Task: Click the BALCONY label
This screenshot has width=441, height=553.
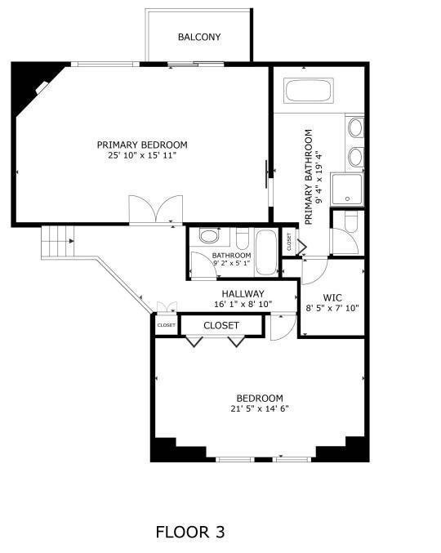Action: (x=199, y=37)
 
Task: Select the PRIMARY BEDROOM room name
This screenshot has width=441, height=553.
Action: (x=142, y=145)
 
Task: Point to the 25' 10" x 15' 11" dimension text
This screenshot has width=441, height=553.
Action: (x=142, y=155)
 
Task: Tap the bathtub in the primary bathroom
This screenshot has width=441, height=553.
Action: (x=309, y=91)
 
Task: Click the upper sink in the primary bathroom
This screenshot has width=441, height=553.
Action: (x=355, y=128)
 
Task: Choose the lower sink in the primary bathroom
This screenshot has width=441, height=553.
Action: (x=355, y=156)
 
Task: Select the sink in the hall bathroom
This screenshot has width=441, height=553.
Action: (x=209, y=237)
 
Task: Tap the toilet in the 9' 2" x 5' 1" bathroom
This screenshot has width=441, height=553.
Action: (x=242, y=239)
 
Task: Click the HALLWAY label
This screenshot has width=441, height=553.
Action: (x=243, y=294)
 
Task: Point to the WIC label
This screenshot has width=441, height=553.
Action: (x=332, y=297)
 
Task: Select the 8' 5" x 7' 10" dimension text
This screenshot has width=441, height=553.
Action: (x=332, y=309)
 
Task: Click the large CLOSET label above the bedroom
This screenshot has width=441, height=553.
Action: (x=221, y=325)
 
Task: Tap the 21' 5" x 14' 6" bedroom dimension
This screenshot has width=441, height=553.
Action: (x=260, y=408)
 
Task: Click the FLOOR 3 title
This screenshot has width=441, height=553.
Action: (x=189, y=533)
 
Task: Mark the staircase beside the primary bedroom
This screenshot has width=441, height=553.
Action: (x=57, y=241)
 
